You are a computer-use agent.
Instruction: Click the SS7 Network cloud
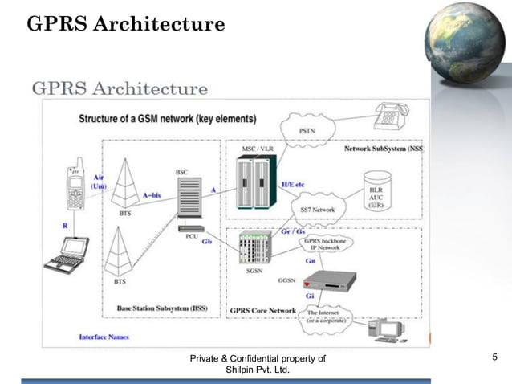317,209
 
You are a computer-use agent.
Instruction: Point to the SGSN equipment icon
255,249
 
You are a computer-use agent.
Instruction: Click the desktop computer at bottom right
385,330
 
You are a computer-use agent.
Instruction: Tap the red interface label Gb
206,241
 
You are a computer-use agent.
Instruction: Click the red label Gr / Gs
303,231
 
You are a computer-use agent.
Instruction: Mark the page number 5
494,357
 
